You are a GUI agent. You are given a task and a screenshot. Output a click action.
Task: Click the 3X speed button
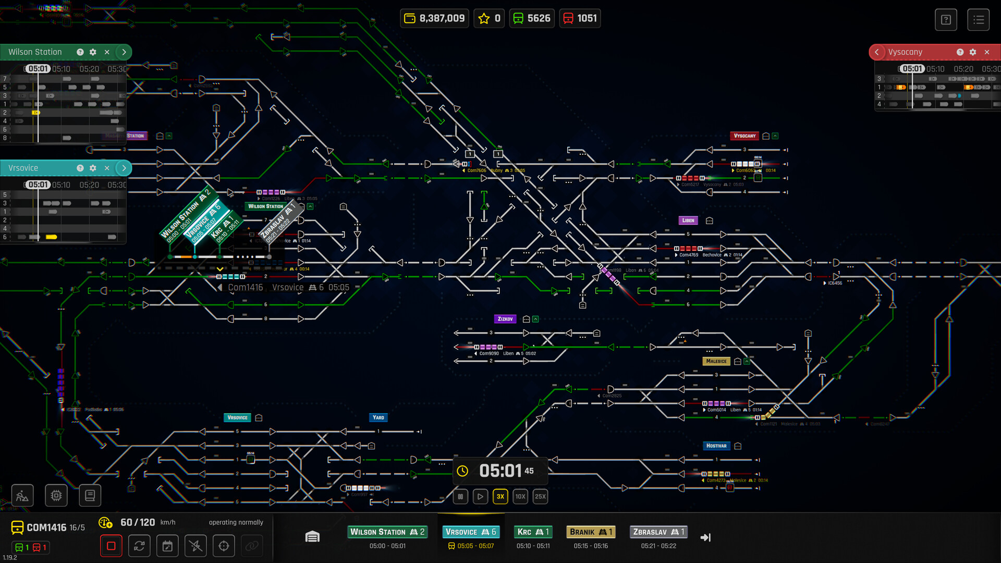click(x=500, y=496)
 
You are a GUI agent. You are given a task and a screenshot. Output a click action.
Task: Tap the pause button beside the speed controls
click(x=460, y=496)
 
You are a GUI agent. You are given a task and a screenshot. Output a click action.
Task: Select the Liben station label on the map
click(x=688, y=221)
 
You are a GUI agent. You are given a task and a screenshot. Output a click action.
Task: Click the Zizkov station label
click(x=505, y=319)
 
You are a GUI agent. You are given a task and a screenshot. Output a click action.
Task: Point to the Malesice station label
click(x=716, y=361)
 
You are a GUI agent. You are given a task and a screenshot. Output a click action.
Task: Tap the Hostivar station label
click(x=716, y=446)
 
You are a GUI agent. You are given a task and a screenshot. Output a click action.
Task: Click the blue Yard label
click(x=378, y=418)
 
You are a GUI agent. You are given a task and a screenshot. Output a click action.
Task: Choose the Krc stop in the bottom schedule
click(x=533, y=532)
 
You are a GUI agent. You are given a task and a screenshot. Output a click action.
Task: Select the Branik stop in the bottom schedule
click(x=591, y=532)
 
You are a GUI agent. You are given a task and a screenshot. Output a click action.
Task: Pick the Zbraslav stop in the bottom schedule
click(x=658, y=532)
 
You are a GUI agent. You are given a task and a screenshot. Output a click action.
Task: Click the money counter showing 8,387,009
click(x=435, y=18)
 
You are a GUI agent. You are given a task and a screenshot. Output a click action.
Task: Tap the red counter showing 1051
click(x=580, y=18)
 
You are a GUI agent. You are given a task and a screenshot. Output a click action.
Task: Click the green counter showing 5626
click(x=532, y=18)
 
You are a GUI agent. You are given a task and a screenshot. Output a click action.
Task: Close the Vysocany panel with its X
click(x=987, y=52)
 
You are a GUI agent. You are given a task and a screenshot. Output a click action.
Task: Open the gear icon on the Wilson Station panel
click(x=93, y=52)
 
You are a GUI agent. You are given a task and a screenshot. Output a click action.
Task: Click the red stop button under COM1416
click(x=111, y=546)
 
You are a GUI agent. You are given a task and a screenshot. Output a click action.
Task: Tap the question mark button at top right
click(x=946, y=20)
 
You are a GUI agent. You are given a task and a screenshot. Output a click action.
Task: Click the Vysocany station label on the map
click(x=744, y=136)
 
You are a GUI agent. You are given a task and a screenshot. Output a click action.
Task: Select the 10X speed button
click(x=520, y=496)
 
